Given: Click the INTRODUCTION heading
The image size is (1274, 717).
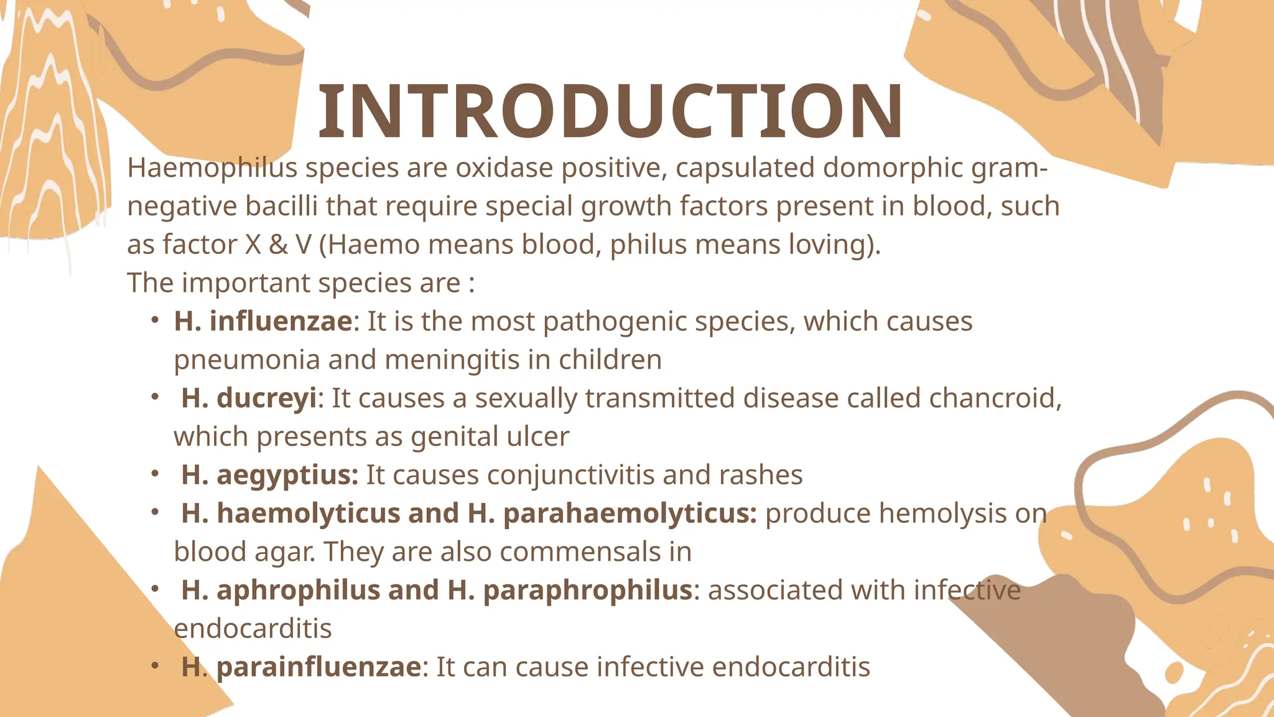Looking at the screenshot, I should click(610, 112).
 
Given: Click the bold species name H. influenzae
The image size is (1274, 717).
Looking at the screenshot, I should click(263, 322).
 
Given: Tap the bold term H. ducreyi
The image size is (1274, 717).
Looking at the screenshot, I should click(249, 398).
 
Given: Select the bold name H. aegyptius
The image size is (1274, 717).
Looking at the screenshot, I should click(269, 476).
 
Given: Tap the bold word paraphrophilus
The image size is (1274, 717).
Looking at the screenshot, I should click(587, 591).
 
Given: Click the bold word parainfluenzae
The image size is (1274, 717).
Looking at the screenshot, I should click(318, 667).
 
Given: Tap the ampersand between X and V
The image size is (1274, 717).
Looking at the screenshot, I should click(278, 245).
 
